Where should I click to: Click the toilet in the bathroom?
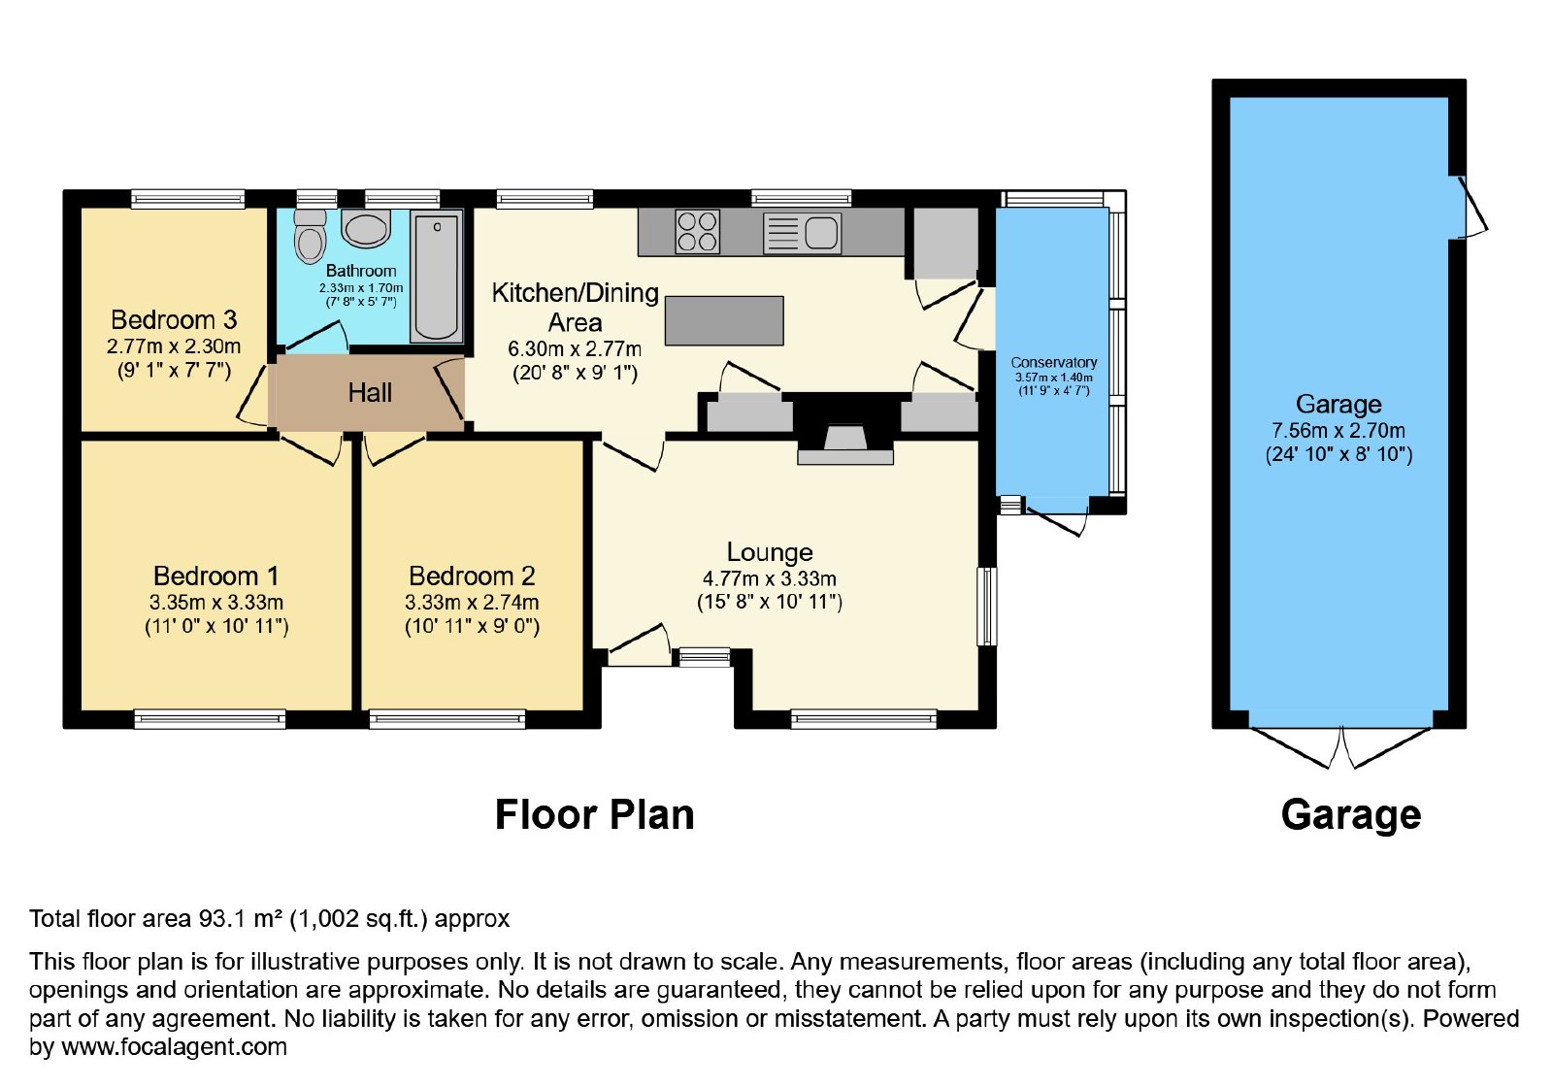coord(310,237)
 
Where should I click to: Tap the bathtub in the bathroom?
coord(436,276)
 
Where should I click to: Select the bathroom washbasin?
coord(365,228)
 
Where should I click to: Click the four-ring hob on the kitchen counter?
coord(697,232)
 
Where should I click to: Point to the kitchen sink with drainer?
coord(802,232)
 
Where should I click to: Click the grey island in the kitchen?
coord(724,320)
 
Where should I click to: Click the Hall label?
coord(370,393)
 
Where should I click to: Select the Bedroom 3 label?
coord(174,319)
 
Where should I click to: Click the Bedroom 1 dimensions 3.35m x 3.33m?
coord(216,603)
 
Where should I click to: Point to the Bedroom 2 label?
coord(472,576)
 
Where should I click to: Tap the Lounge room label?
coord(770,552)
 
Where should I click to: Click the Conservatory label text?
coord(1054,362)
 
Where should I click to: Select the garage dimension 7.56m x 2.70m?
coord(1338,431)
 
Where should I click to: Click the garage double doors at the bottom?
coord(1341,746)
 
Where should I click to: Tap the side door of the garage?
coord(1471,207)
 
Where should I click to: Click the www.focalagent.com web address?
coord(174,1046)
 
